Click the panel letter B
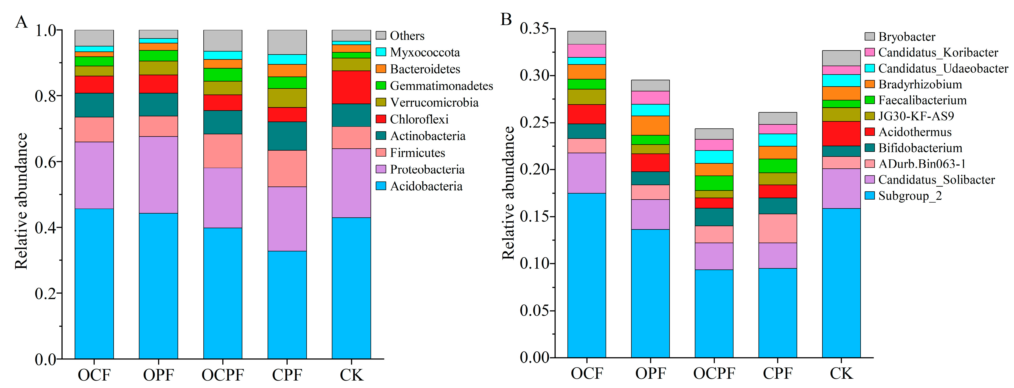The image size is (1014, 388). pos(506,19)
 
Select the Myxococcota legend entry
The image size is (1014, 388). pos(424,52)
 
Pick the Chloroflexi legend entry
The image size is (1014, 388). pos(419,119)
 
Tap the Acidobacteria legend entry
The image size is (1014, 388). pos(426,186)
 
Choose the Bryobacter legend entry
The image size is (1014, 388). pos(906,36)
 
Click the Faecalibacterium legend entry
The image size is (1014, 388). pos(922,100)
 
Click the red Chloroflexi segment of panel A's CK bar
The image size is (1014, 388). pos(351,87)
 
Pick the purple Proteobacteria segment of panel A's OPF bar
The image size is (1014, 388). pos(158,175)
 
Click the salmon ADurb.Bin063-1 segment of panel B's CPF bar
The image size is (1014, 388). pos(777,228)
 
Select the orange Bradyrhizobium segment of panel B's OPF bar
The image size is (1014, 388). pos(650,126)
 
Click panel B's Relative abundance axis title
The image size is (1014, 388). pos(508,193)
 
